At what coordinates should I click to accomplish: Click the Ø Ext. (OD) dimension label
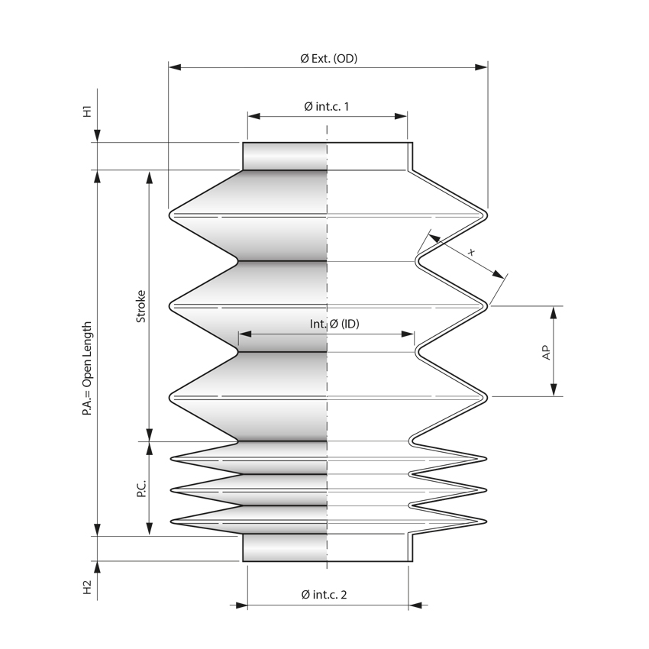point(328,58)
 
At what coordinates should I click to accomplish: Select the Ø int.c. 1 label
point(326,107)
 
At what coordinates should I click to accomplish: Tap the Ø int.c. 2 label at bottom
point(324,595)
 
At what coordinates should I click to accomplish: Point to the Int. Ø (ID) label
point(334,324)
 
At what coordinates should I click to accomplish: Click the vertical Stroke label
point(141,305)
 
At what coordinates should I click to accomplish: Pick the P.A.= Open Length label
point(88,368)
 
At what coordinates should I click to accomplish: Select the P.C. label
point(141,489)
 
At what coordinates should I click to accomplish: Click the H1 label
point(88,111)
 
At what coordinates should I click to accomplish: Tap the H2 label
point(88,587)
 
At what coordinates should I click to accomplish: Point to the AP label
point(546,351)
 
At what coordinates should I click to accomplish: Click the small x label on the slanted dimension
point(471,251)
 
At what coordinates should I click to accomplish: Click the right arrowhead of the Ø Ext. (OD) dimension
point(481,67)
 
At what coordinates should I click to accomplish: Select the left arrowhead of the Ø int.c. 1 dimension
point(253,117)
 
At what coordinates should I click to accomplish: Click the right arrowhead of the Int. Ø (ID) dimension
point(408,334)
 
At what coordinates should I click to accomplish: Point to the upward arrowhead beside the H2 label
point(97,567)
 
